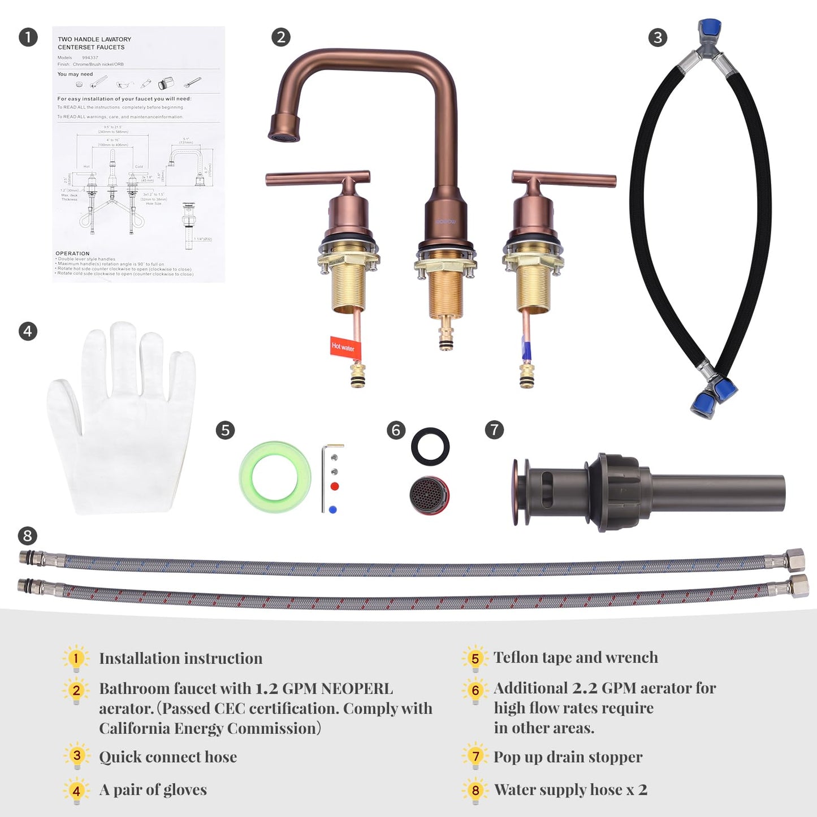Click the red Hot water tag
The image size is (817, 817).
click(x=343, y=346)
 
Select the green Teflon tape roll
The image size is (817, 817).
click(x=275, y=477)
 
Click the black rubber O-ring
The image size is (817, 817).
click(x=430, y=447)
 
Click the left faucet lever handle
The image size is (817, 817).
click(x=318, y=179)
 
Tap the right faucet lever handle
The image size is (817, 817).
click(x=564, y=179)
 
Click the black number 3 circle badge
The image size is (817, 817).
click(x=658, y=38)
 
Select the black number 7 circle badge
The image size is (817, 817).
click(x=494, y=430)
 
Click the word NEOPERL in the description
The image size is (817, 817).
click(x=357, y=689)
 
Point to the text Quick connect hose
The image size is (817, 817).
click(x=168, y=757)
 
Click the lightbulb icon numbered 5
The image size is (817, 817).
click(x=475, y=658)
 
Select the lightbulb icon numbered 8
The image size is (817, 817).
click(x=475, y=790)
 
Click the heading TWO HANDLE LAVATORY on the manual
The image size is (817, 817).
click(x=94, y=40)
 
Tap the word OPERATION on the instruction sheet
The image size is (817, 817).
click(x=72, y=253)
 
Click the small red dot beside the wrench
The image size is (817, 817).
click(x=335, y=486)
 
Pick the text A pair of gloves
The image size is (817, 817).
click(x=153, y=790)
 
